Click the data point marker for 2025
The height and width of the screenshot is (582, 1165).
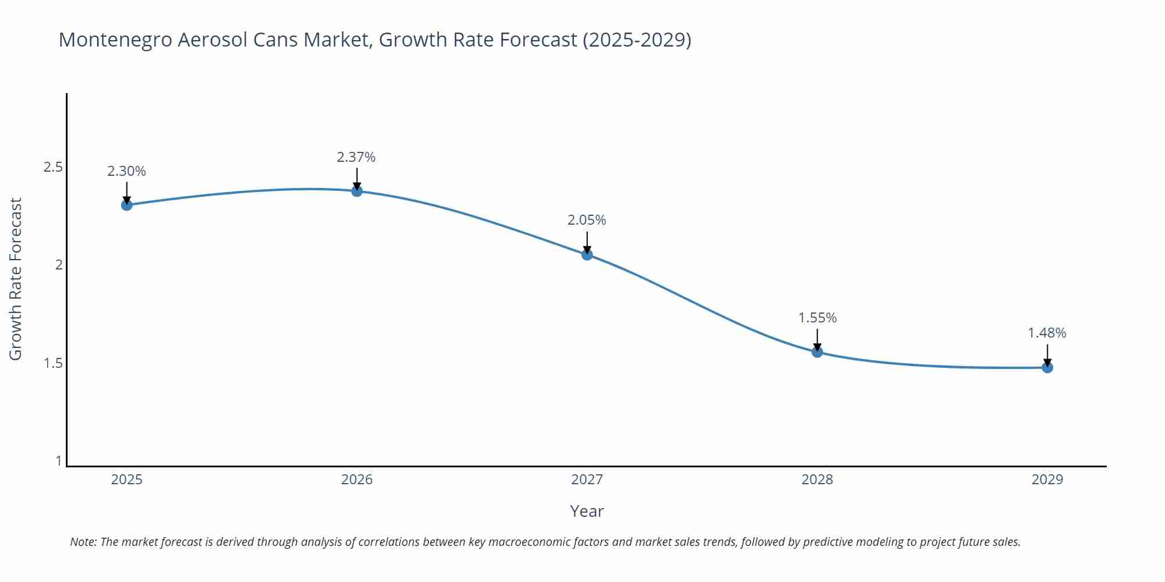pos(126,205)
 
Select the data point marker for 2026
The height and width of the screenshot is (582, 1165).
pos(356,191)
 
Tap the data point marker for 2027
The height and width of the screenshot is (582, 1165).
pos(587,254)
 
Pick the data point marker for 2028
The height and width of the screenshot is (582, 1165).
pos(817,352)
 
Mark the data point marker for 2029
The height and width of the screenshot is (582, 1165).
pos(1047,367)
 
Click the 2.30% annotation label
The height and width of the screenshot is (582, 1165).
pos(126,171)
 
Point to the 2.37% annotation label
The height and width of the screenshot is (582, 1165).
pos(356,157)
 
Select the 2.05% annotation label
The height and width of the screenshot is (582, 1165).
pos(587,220)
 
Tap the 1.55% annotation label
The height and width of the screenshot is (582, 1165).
pos(817,318)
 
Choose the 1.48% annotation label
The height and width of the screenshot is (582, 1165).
pos(1046,333)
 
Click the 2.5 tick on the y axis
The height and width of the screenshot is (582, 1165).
pos(53,167)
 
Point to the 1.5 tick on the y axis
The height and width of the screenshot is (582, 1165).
pos(53,363)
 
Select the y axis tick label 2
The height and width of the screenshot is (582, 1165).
pos(58,265)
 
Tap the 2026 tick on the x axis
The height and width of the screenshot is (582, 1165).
pos(356,480)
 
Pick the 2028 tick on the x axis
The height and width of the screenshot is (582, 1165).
pos(817,480)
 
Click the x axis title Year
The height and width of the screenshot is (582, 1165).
pos(587,511)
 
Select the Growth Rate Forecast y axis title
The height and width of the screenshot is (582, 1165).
pos(16,279)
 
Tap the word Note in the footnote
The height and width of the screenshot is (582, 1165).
pos(83,542)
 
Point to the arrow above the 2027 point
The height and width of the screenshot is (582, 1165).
pos(587,242)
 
